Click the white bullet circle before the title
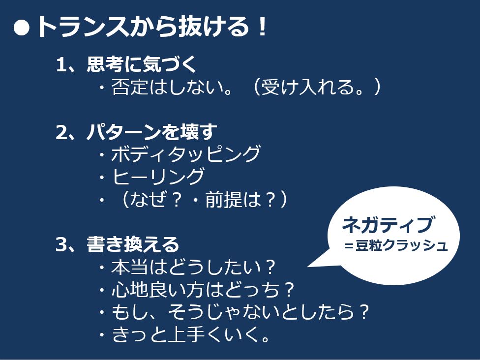pyautogui.click(x=22, y=28)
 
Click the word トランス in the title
pyautogui.click(x=82, y=27)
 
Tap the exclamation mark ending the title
pyautogui.click(x=262, y=27)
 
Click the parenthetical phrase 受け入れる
pyautogui.click(x=312, y=87)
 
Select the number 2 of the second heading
pyautogui.click(x=61, y=132)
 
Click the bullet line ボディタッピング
pyautogui.click(x=185, y=154)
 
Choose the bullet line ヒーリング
pyautogui.click(x=158, y=177)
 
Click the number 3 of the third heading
pyautogui.click(x=61, y=244)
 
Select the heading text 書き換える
pyautogui.click(x=133, y=244)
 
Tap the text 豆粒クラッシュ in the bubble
pyautogui.click(x=401, y=245)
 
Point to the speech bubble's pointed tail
pyautogui.click(x=308, y=267)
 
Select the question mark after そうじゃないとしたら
pyautogui.click(x=364, y=312)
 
